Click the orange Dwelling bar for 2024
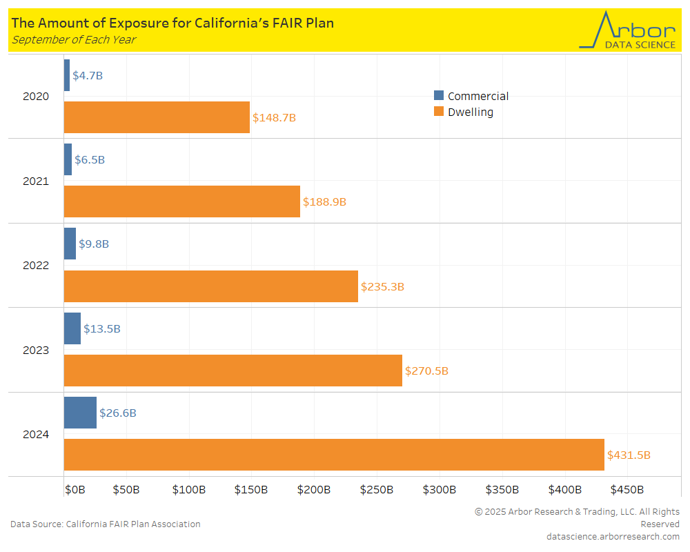point(334,455)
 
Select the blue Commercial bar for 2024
point(80,413)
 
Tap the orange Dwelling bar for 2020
point(157,117)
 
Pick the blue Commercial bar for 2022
point(70,244)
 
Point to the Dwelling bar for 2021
point(182,201)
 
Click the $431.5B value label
point(629,455)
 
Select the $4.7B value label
point(88,75)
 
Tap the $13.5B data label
point(102,329)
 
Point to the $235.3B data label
point(382,286)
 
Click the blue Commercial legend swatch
point(439,96)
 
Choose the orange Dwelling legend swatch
point(439,112)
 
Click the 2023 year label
point(36,350)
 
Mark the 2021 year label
point(36,181)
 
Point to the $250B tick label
point(377,490)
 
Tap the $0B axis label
point(75,490)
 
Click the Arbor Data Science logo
point(629,30)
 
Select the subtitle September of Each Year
point(73,39)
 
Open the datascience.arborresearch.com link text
point(613,536)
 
